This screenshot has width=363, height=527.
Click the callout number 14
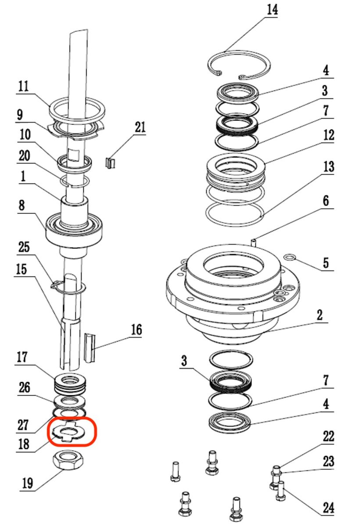point(272,10)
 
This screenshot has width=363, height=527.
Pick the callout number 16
point(137,330)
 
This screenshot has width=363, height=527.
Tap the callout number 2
point(319,315)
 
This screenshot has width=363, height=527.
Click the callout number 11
point(24,87)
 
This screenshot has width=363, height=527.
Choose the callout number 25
point(24,247)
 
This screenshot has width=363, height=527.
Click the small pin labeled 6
point(253,242)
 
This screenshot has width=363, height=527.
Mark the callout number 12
point(328,135)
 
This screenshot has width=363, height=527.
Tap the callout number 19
point(28,483)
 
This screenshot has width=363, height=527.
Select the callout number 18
point(24,444)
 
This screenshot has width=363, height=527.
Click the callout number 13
point(328,166)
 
